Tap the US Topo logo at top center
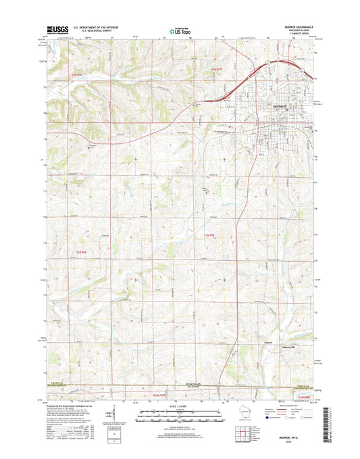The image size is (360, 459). tap(179, 30)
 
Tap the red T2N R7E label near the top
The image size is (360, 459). tap(217, 69)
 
